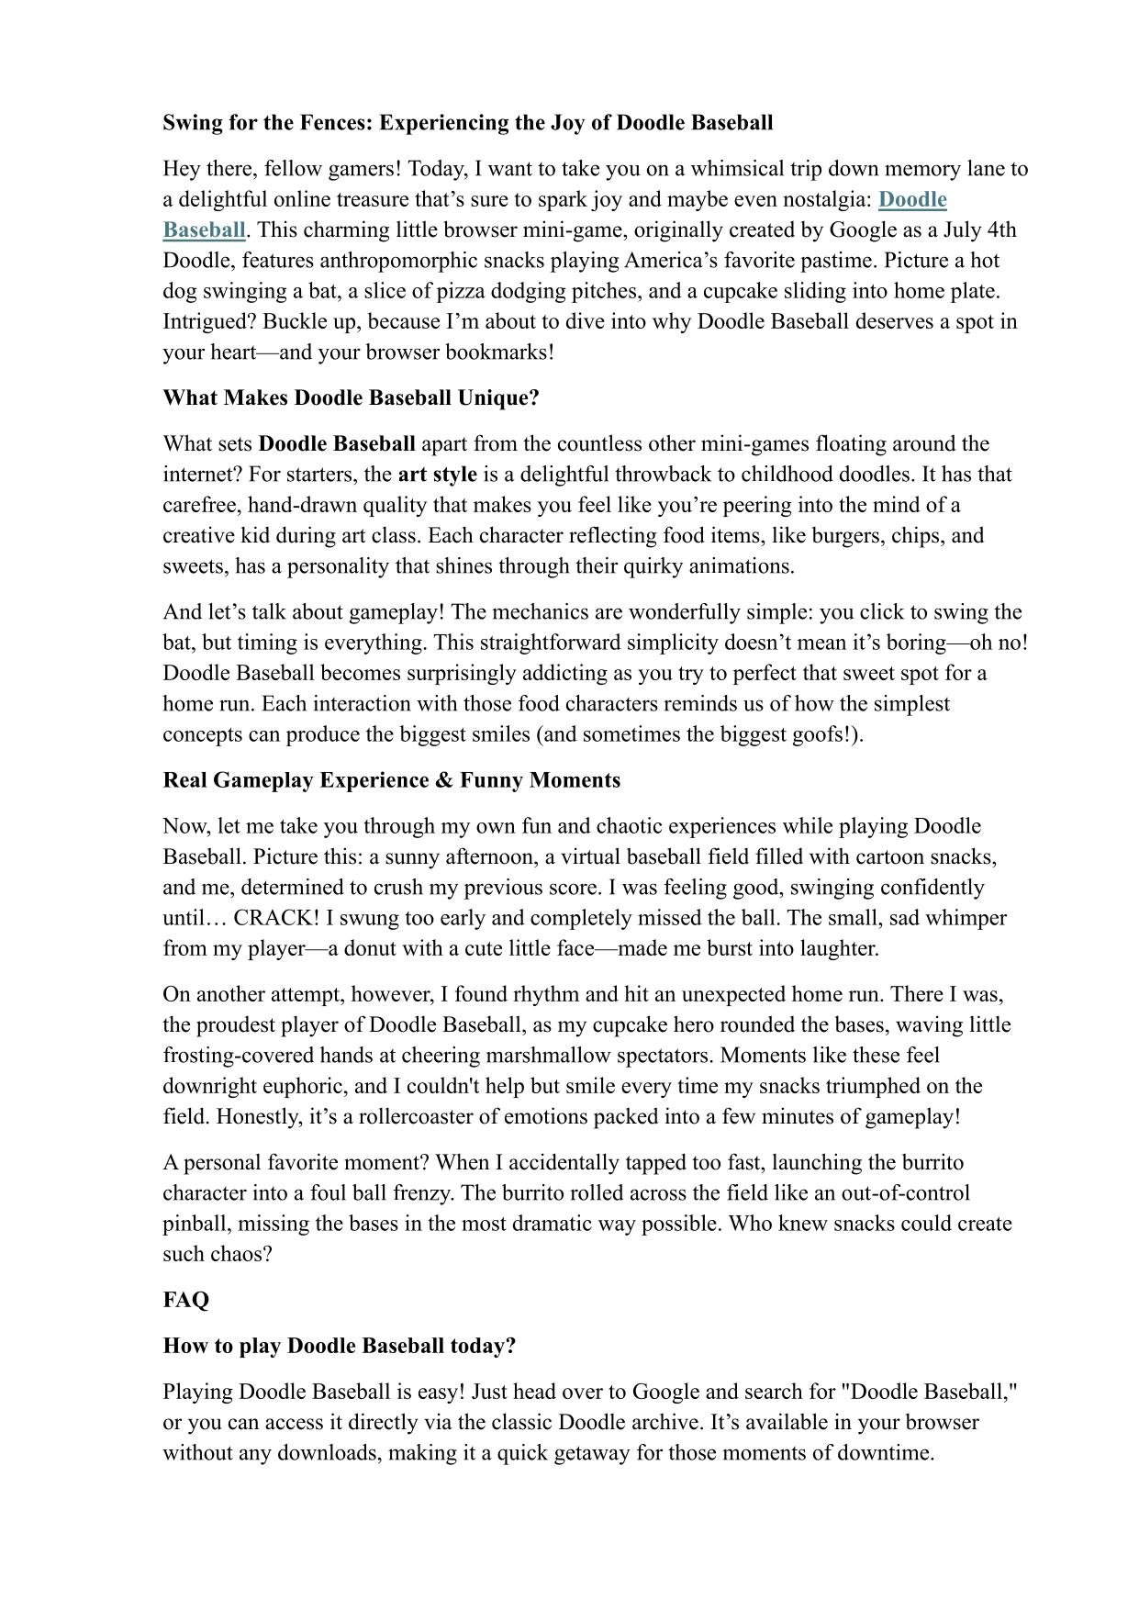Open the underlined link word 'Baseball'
pos(204,229)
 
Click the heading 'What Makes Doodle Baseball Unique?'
pos(351,398)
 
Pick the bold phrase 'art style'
pos(437,475)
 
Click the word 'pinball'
pos(195,1224)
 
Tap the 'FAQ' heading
pos(186,1300)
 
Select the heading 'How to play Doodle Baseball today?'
pos(340,1346)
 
